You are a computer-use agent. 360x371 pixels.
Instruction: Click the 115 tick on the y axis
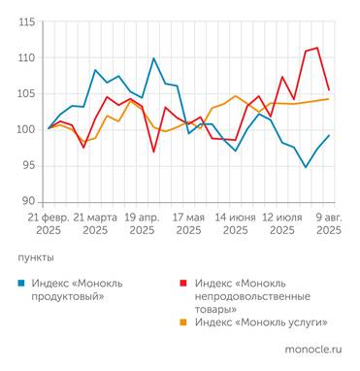[x=27, y=22]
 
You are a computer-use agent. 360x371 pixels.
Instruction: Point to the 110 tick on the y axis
[x=27, y=58]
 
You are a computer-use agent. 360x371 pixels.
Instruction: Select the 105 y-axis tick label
[x=27, y=94]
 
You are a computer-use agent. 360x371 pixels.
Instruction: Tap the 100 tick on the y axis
[x=27, y=129]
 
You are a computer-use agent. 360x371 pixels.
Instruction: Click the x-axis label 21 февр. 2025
[x=49, y=223]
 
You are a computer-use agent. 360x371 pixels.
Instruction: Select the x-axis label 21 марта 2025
[x=95, y=223]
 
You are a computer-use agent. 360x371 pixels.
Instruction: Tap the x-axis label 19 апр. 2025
[x=143, y=223]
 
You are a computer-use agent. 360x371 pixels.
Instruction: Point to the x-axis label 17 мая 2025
[x=188, y=223]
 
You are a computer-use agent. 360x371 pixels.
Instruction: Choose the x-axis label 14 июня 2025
[x=235, y=223]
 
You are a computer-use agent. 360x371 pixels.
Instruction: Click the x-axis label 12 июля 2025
[x=282, y=223]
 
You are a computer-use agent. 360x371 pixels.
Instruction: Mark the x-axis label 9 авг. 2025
[x=328, y=223]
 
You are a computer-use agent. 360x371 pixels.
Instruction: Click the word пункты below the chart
[x=36, y=257]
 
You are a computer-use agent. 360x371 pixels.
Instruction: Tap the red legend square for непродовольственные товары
[x=184, y=283]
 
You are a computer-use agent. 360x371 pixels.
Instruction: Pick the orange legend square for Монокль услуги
[x=184, y=320]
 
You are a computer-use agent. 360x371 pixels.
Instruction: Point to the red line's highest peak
[x=317, y=48]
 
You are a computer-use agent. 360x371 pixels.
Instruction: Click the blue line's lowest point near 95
[x=306, y=167]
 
